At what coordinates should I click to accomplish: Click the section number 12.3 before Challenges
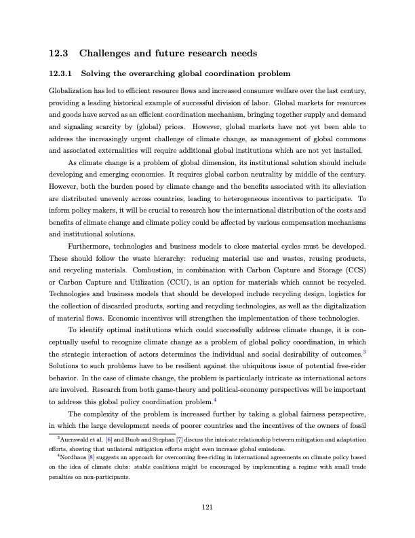click(59, 52)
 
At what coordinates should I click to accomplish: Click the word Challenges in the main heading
click(111, 52)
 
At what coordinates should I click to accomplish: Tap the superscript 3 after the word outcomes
click(365, 351)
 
